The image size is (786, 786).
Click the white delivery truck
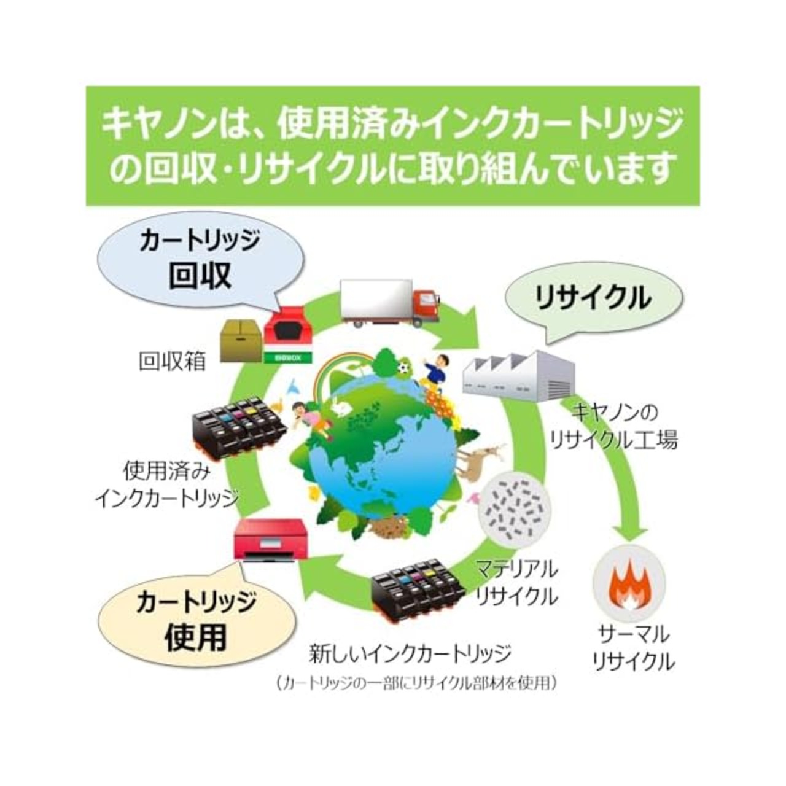(389, 302)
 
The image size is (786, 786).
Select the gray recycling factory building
(518, 376)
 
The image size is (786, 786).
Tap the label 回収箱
(171, 362)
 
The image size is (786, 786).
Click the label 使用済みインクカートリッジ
(166, 485)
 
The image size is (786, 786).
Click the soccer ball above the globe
(403, 368)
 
